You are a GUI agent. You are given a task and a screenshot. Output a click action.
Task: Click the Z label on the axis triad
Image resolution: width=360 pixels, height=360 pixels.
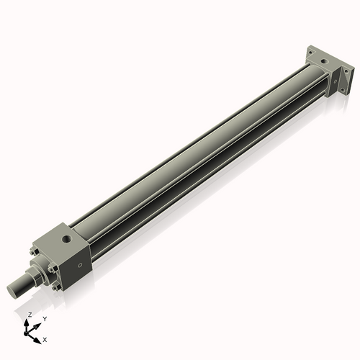30,315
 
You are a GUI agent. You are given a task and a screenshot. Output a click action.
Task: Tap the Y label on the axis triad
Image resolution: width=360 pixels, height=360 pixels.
44,318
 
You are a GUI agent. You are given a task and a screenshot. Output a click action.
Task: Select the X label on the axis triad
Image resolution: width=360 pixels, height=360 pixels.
45,338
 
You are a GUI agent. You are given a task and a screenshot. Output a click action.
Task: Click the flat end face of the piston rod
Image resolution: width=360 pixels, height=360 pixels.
12,291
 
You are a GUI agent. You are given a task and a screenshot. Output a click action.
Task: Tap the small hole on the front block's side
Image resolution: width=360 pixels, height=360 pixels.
80,265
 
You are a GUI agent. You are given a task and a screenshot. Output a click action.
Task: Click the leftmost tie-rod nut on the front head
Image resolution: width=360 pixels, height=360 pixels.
34,252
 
